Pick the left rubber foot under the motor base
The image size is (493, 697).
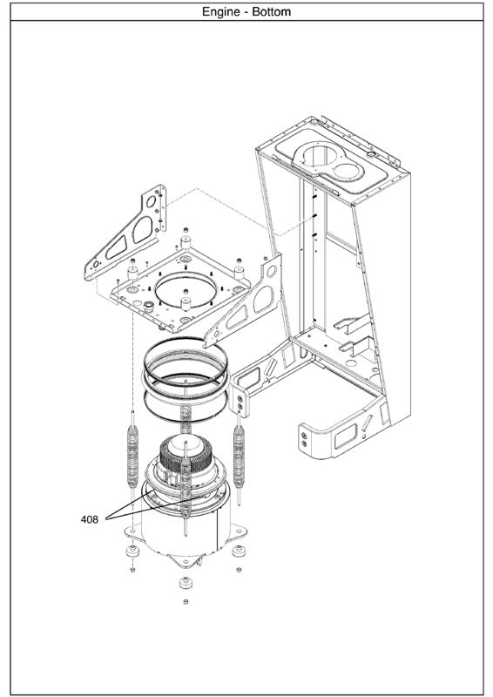pyautogui.click(x=132, y=552)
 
